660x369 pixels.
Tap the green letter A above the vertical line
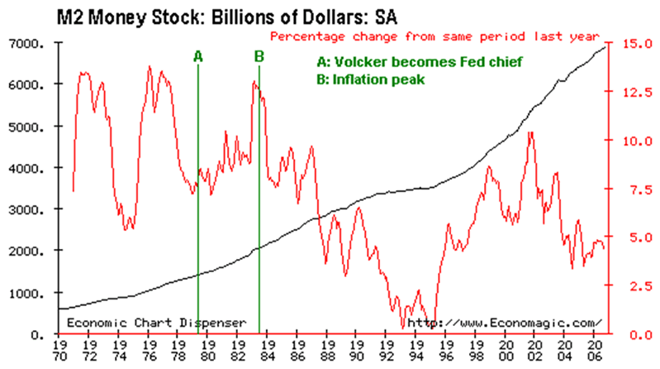pos(197,56)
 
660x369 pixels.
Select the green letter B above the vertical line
pos(259,56)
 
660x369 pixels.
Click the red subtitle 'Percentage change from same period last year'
pos(434,37)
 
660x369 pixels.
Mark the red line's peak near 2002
pos(529,132)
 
